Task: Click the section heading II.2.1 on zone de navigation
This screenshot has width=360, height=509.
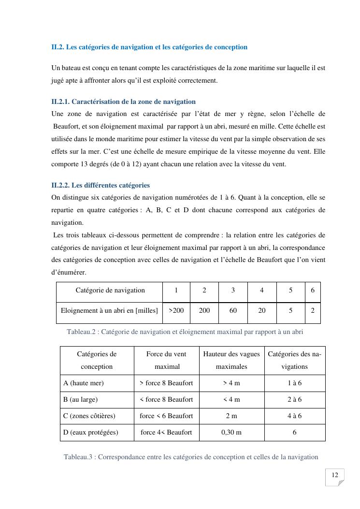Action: point(123,102)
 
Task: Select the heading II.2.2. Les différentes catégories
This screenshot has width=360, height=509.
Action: point(101,185)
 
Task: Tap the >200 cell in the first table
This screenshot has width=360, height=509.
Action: point(176,310)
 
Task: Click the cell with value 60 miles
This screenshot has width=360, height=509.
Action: point(233,310)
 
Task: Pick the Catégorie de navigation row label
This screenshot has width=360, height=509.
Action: point(110,290)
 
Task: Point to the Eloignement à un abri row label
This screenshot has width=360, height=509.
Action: point(109,310)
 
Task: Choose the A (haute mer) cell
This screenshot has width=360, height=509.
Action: point(84,383)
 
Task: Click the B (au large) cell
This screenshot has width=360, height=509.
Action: point(81,399)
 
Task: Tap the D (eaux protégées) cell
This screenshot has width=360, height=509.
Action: point(91,432)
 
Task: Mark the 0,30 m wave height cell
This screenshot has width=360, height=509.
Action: point(231,432)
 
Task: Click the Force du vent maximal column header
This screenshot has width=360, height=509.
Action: point(166,360)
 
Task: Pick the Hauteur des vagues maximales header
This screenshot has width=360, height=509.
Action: point(231,360)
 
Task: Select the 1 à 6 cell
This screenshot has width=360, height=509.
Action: point(294,383)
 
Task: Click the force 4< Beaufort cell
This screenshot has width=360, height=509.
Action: point(166,432)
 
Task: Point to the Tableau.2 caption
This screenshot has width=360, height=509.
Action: point(185,332)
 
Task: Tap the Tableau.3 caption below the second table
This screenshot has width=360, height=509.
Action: point(191,457)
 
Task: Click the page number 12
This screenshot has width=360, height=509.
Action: point(334,475)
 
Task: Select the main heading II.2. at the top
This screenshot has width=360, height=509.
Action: point(149,47)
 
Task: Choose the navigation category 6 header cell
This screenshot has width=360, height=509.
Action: point(313,290)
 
